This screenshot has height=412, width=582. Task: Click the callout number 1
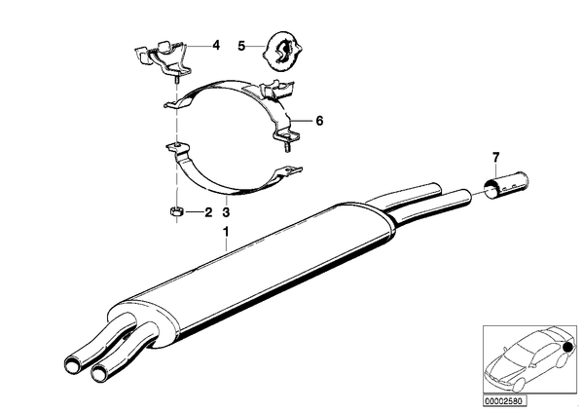(225, 233)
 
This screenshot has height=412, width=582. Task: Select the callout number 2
(208, 212)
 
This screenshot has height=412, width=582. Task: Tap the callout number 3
(226, 212)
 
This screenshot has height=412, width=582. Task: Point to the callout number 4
(216, 46)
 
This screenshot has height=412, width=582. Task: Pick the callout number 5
(241, 47)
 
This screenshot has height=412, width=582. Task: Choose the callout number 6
(319, 121)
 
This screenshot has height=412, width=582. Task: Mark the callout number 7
(496, 158)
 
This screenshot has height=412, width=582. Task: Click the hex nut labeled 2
(175, 212)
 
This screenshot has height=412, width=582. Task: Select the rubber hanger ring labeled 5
(282, 52)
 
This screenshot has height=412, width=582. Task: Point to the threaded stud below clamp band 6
(286, 147)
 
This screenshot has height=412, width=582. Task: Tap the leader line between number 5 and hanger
(255, 46)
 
